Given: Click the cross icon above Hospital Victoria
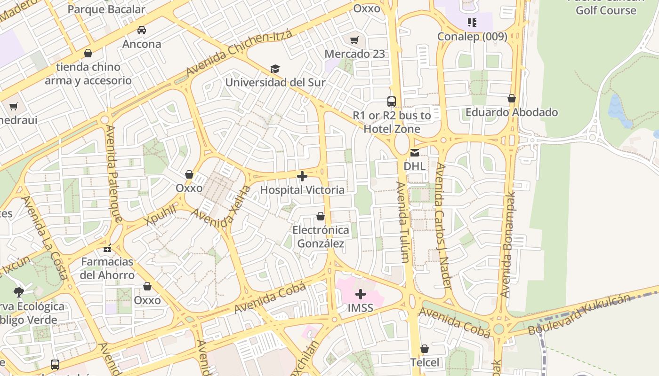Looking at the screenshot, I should click(x=302, y=177).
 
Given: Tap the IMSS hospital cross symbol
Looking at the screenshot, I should click(x=361, y=295).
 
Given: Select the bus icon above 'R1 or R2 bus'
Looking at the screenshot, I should click(x=392, y=101).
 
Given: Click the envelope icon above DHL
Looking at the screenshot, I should click(x=415, y=152).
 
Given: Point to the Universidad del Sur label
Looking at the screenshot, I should click(x=275, y=83).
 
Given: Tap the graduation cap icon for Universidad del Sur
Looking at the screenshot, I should click(x=275, y=69).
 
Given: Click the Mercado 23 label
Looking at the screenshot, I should click(x=355, y=54).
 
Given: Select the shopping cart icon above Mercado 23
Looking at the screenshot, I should click(x=354, y=40).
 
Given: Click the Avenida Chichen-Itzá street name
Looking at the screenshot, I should click(x=239, y=53).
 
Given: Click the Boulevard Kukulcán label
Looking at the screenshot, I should click(x=579, y=314).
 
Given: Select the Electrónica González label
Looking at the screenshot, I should click(x=321, y=236).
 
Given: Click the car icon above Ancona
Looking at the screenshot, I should click(x=141, y=30).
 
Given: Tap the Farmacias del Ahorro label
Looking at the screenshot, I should click(x=107, y=268).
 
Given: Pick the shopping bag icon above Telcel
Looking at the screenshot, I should click(x=425, y=349).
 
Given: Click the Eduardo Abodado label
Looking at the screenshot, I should click(x=512, y=112).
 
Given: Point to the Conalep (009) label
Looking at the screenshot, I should click(x=472, y=36).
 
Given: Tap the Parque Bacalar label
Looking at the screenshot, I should click(x=106, y=9).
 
